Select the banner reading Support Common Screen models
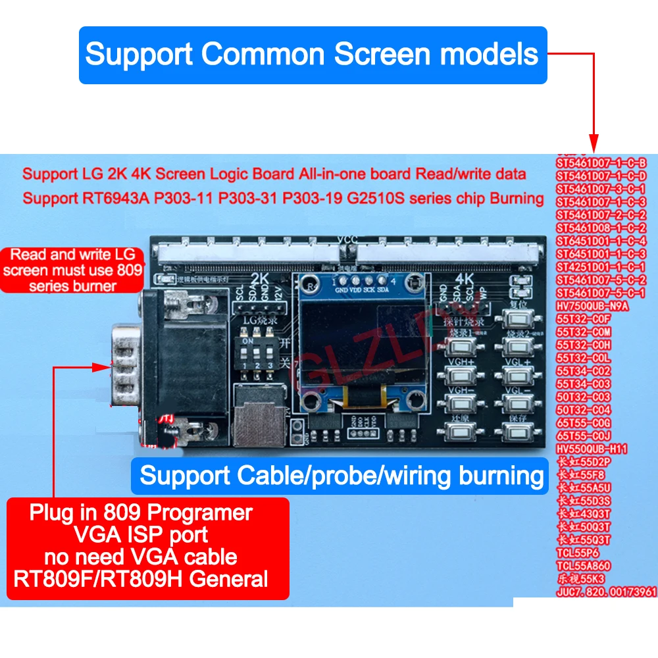click(312, 55)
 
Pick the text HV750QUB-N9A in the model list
click(593, 305)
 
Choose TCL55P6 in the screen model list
click(578, 553)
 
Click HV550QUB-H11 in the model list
click(592, 448)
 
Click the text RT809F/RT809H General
click(141, 579)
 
